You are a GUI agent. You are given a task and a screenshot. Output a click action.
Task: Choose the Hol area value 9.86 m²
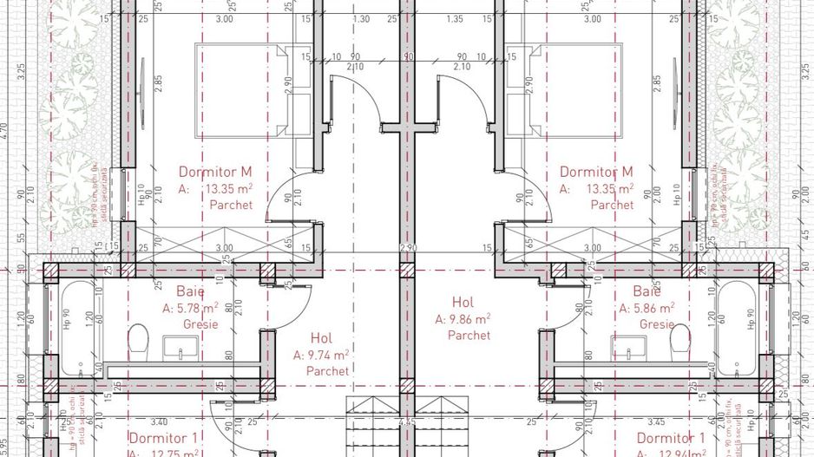[x=469, y=319]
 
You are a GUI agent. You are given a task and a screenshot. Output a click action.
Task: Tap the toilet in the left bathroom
[x=139, y=338]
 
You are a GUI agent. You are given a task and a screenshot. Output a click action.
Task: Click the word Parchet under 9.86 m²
[x=469, y=335]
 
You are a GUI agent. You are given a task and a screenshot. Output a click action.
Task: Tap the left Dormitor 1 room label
[x=164, y=438]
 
